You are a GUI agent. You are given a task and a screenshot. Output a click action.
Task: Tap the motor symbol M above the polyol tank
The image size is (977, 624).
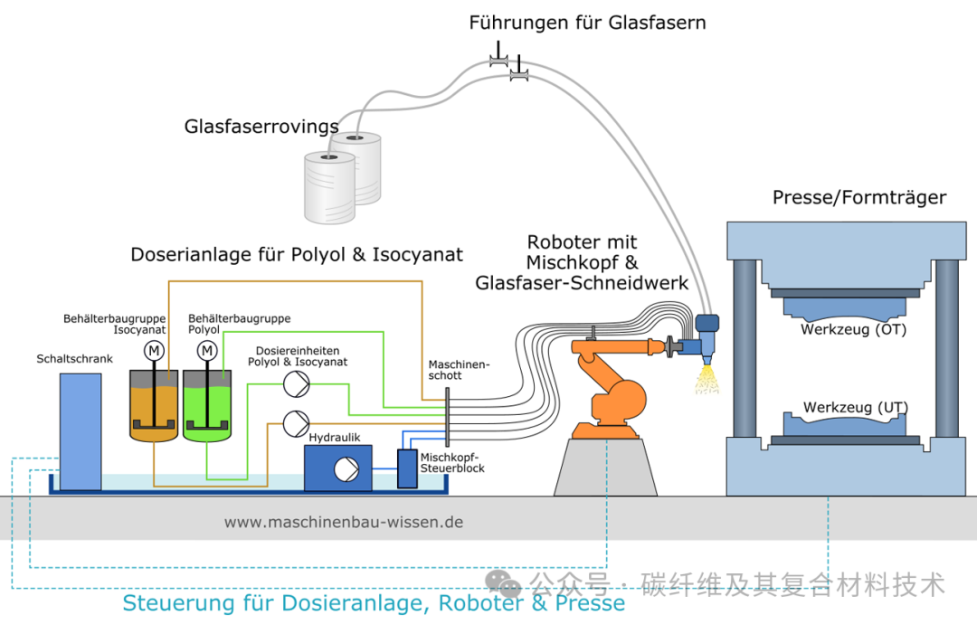click(x=207, y=350)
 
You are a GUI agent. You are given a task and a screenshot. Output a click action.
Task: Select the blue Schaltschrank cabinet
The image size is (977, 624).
click(x=81, y=430)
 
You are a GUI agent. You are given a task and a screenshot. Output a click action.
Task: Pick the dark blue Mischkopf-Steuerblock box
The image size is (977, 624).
click(x=407, y=468)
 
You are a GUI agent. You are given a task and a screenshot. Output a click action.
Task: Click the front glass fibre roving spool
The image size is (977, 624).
click(x=327, y=187)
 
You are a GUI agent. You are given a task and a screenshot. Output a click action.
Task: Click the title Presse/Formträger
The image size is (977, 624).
click(x=858, y=197)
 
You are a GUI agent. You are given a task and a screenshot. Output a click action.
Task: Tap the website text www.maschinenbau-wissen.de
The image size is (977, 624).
click(x=344, y=522)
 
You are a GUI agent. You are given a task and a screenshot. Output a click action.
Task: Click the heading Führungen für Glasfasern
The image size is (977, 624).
click(x=587, y=23)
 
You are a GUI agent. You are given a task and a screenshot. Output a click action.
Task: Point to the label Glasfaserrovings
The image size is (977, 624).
click(x=261, y=127)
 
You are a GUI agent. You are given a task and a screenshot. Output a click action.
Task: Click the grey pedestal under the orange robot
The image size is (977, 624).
click(x=607, y=467)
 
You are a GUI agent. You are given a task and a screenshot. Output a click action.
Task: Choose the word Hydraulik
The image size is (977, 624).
click(x=335, y=437)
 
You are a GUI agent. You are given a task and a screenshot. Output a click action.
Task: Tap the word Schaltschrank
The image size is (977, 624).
click(x=75, y=359)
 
